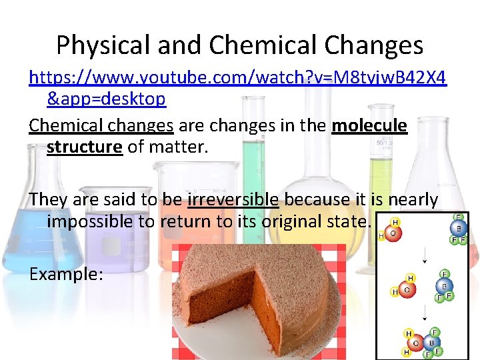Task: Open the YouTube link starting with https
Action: (237, 79)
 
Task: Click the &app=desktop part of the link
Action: (106, 99)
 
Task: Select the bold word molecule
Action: (369, 125)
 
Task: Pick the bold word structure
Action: (84, 146)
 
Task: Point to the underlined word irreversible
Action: (233, 199)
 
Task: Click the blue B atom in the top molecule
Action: (457, 227)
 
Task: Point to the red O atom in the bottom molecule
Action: (415, 344)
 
